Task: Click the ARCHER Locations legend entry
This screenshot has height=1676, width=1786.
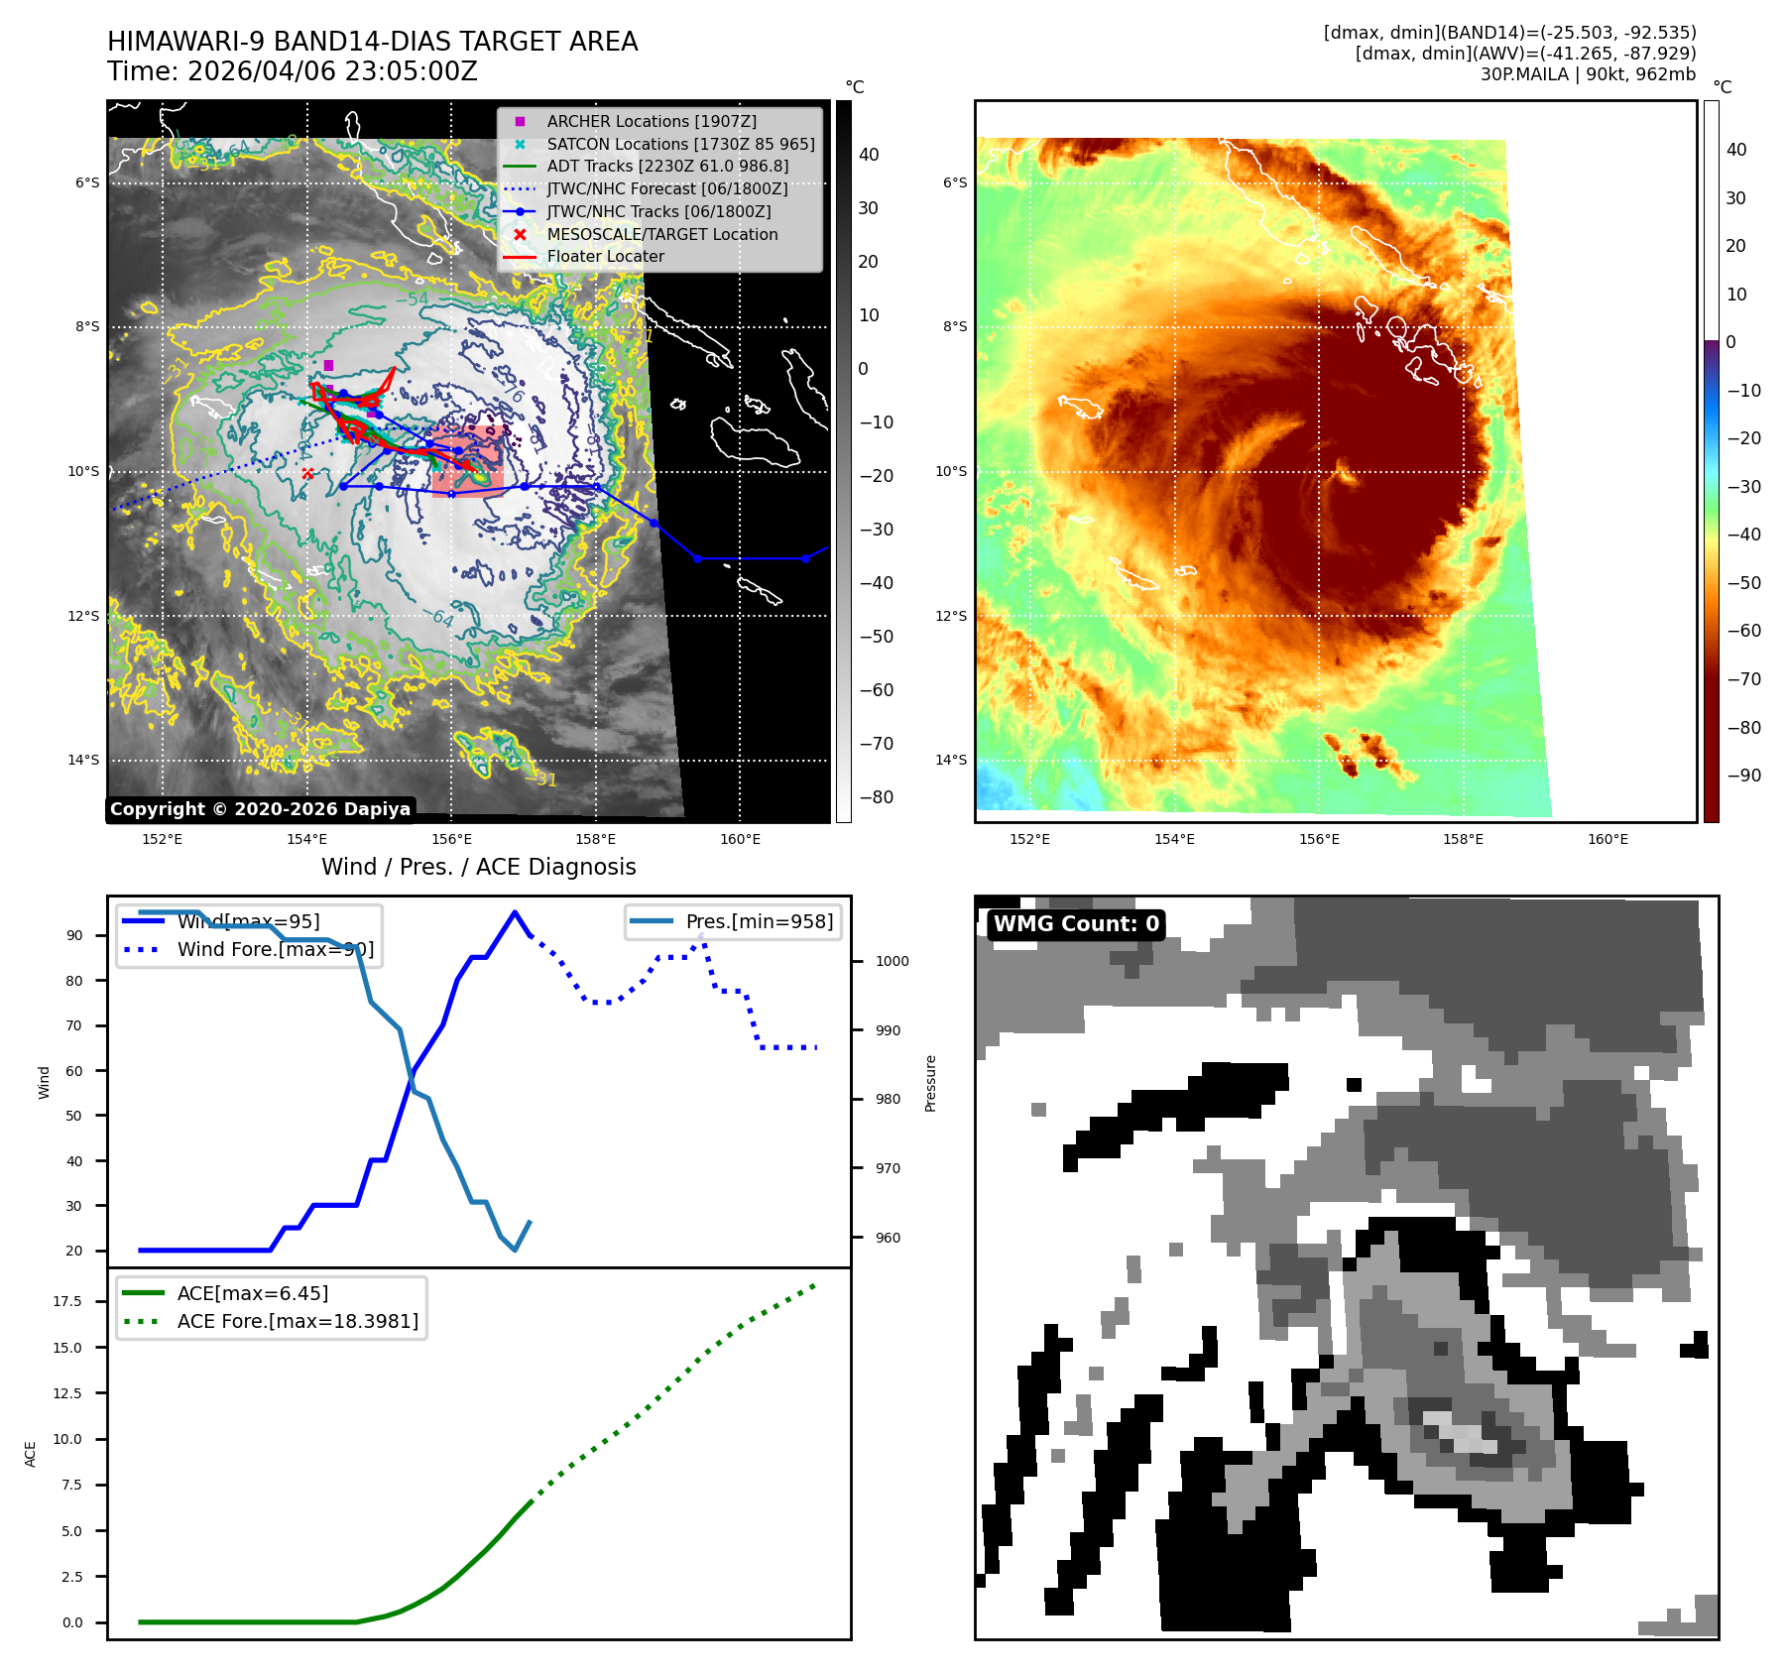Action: [651, 121]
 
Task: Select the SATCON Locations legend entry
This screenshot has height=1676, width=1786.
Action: [680, 144]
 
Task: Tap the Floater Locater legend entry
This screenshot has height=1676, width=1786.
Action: [605, 256]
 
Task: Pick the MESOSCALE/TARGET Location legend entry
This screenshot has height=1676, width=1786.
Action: [661, 234]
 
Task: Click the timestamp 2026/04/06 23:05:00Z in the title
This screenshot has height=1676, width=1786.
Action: [332, 71]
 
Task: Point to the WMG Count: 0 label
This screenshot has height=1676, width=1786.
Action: [1076, 924]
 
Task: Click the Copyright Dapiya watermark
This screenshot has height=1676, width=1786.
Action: [260, 809]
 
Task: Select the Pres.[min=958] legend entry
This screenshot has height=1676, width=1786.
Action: [759, 921]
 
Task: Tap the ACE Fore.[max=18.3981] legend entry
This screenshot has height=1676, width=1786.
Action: [298, 1321]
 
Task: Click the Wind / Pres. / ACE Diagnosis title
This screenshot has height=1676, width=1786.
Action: [478, 867]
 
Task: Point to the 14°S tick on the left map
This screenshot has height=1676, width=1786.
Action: [83, 760]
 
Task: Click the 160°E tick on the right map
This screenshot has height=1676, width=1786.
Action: [1607, 839]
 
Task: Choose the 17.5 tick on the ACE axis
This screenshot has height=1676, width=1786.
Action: [67, 1301]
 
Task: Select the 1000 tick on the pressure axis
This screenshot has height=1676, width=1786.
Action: [892, 961]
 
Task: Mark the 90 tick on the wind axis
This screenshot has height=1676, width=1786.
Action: [74, 935]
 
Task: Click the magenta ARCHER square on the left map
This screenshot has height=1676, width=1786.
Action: [328, 366]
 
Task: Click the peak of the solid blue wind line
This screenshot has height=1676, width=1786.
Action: [514, 912]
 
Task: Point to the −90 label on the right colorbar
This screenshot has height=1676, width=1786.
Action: [1743, 776]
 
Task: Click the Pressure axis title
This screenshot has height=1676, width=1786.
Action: [930, 1083]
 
